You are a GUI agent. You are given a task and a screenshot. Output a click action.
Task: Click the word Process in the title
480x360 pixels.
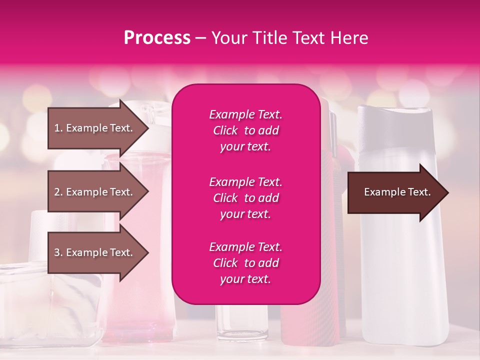pos(157,38)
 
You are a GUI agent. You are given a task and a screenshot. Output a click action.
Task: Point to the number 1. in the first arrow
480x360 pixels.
pos(58,128)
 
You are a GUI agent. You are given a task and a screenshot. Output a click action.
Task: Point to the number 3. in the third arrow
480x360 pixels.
pos(58,252)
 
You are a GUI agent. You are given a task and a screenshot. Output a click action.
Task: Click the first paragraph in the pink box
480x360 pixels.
pos(245,130)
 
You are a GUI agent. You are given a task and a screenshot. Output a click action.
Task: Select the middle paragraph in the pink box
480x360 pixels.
pos(245,198)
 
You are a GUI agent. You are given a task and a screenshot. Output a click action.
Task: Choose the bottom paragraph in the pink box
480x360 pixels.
pos(245,263)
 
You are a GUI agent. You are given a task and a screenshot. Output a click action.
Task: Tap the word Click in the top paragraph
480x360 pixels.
pos(225,130)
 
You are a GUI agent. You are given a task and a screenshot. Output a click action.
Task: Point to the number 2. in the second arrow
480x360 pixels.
pos(58,192)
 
